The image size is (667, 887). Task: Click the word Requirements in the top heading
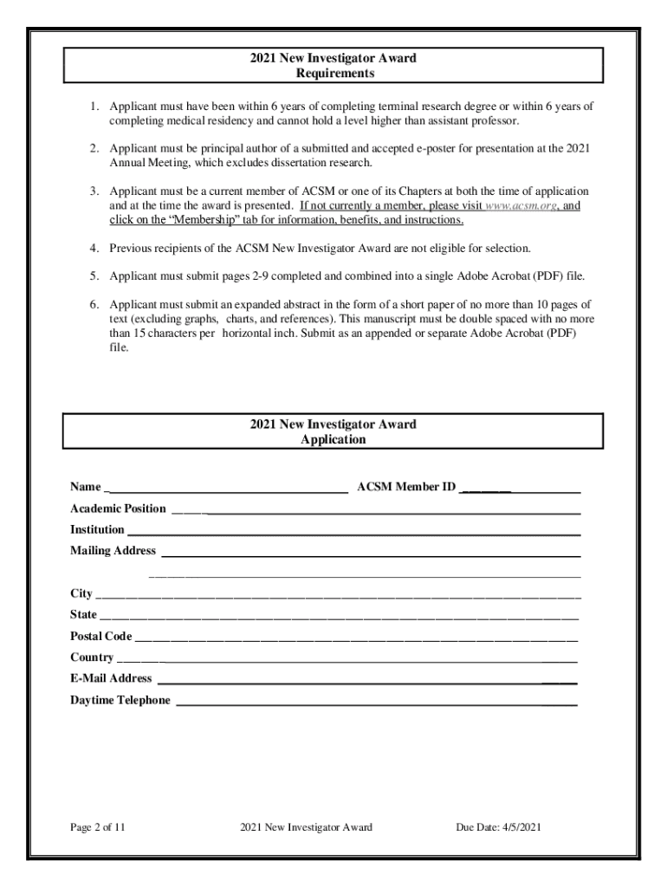(x=333, y=74)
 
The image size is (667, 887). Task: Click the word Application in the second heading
(x=333, y=439)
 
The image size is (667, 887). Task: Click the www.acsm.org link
(x=520, y=206)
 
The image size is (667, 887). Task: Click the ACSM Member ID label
(x=406, y=487)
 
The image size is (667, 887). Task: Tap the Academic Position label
(x=118, y=508)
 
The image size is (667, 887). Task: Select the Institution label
(x=97, y=529)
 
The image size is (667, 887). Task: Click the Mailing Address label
(x=113, y=550)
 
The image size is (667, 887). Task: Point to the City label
(x=81, y=593)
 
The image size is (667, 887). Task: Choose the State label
(x=83, y=614)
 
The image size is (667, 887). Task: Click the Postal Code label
(x=100, y=636)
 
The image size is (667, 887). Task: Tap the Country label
(x=91, y=657)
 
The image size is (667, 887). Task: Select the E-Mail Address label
(x=111, y=678)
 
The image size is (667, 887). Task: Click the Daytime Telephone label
(x=120, y=700)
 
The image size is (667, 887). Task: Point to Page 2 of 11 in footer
(x=98, y=827)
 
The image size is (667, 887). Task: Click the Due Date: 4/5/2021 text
(x=498, y=827)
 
